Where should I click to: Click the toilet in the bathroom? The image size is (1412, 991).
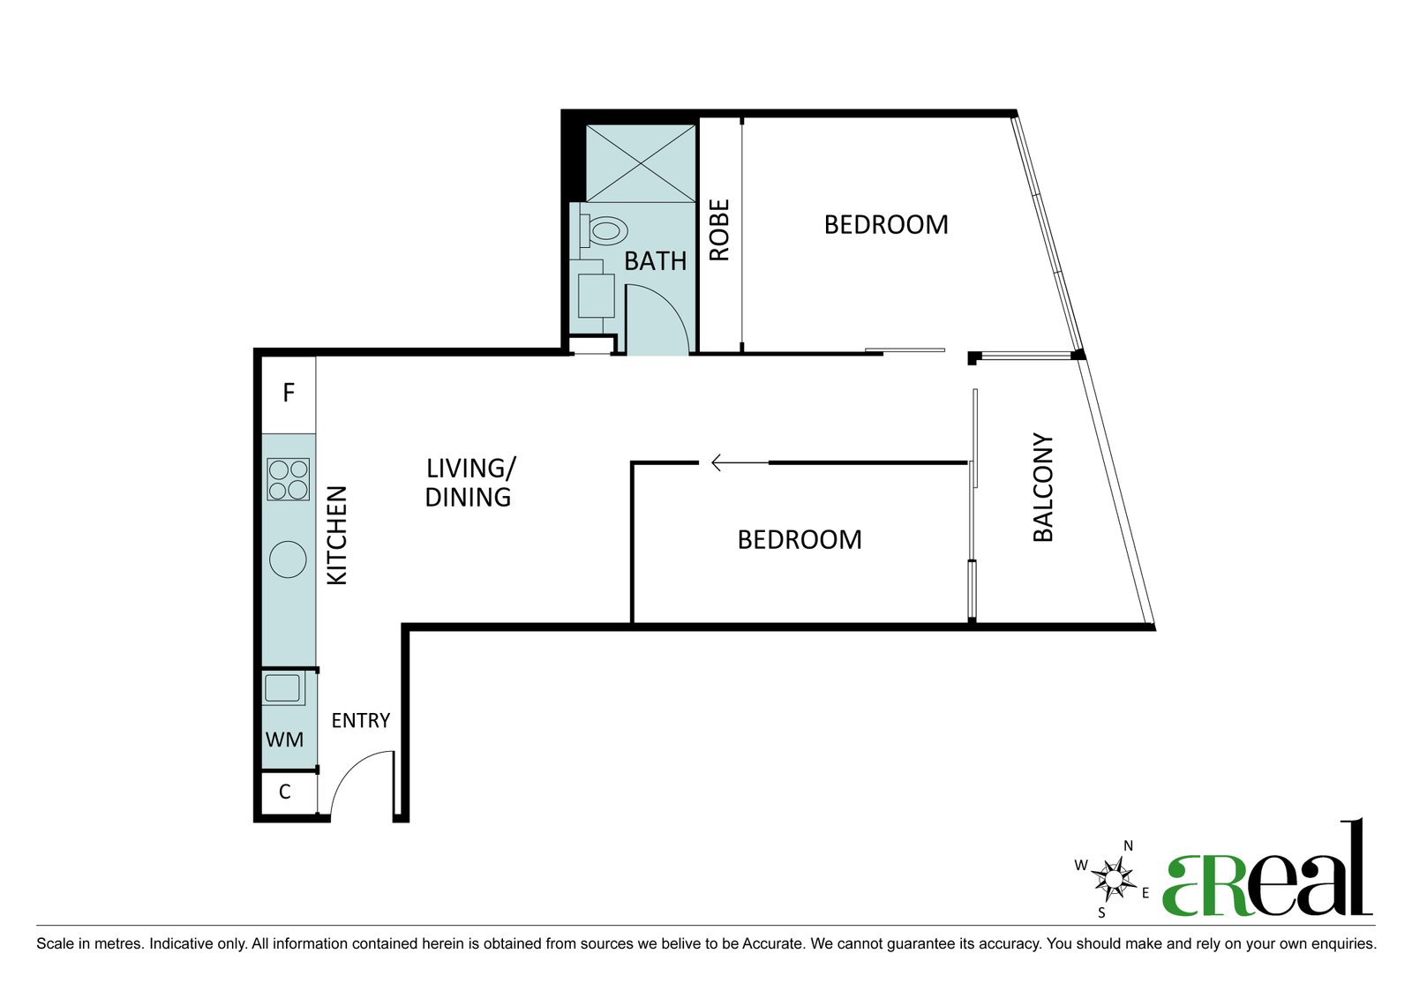pos(604,230)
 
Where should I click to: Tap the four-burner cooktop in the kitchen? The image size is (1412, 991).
pos(288,480)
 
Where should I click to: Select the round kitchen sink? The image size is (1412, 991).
pos(288,559)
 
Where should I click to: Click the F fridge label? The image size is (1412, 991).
pos(289,393)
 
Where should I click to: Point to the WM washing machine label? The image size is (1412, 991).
pos(284,739)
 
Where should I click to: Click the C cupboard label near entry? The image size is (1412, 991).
pos(285,792)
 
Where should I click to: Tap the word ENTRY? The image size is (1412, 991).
pos(361,721)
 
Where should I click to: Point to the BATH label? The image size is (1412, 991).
pos(655,261)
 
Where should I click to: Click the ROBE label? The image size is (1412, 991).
pos(719,230)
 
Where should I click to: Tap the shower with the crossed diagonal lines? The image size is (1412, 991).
pos(641,163)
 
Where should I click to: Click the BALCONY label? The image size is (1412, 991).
pos(1043,487)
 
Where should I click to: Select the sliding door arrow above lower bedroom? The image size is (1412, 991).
pos(740,463)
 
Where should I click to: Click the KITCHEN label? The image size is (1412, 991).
pos(337,536)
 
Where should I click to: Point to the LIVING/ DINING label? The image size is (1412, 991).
pos(470,483)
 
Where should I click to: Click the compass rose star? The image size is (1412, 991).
pos(1115,877)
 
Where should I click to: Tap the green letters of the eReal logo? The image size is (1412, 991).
pos(1205,885)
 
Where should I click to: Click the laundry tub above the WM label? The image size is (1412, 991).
pos(282,687)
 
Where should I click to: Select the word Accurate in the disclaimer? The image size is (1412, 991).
pos(773,943)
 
